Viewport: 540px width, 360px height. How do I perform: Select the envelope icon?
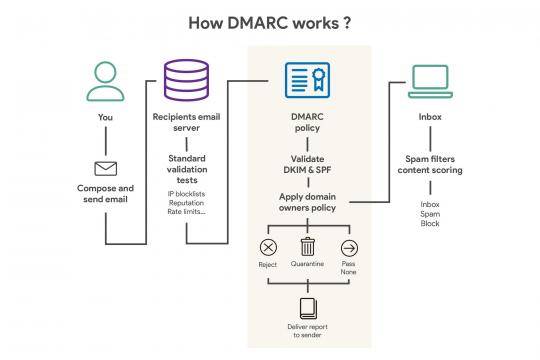point(106,168)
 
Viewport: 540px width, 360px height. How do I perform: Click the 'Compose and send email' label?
point(106,193)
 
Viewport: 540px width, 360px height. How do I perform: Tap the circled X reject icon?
point(268,248)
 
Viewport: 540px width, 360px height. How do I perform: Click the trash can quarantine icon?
point(308,247)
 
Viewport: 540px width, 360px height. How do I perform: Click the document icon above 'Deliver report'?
point(308,308)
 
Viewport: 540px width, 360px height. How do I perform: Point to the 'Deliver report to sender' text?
point(308,332)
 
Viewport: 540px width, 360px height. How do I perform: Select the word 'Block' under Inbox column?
point(430,223)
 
